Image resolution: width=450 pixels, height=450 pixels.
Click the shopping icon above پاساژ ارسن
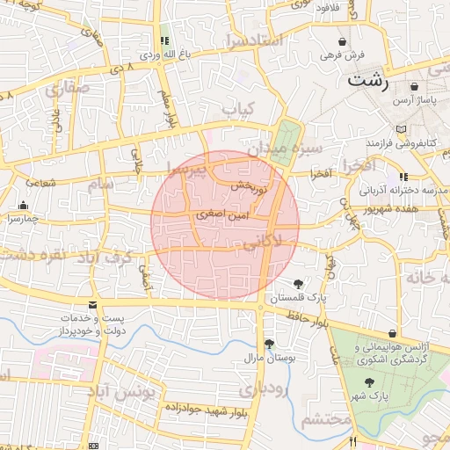(414, 87)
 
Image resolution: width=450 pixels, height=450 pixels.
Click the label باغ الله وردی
(164, 54)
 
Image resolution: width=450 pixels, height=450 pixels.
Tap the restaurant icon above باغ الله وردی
(164, 40)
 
